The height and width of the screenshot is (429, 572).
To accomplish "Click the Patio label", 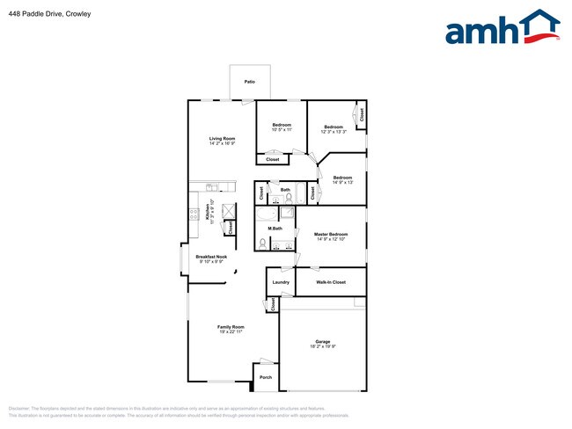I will [250, 82].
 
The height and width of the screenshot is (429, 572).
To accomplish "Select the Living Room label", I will [222, 139].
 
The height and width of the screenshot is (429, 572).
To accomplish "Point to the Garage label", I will [323, 342].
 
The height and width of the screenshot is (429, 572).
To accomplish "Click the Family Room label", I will [230, 328].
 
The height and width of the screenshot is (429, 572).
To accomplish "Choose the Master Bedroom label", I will [331, 234].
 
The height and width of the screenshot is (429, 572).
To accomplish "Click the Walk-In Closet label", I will [330, 282].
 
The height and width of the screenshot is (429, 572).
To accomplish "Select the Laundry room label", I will [281, 282].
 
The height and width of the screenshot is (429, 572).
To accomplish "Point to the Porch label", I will [266, 377].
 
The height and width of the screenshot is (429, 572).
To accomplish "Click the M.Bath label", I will [275, 229].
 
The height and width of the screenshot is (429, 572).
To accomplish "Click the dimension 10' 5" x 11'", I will [281, 130].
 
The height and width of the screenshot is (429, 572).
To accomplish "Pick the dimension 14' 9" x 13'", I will [342, 183].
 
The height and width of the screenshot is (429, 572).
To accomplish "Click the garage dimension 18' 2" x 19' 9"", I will [323, 346].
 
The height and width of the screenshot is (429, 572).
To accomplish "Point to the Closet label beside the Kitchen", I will [231, 227].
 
